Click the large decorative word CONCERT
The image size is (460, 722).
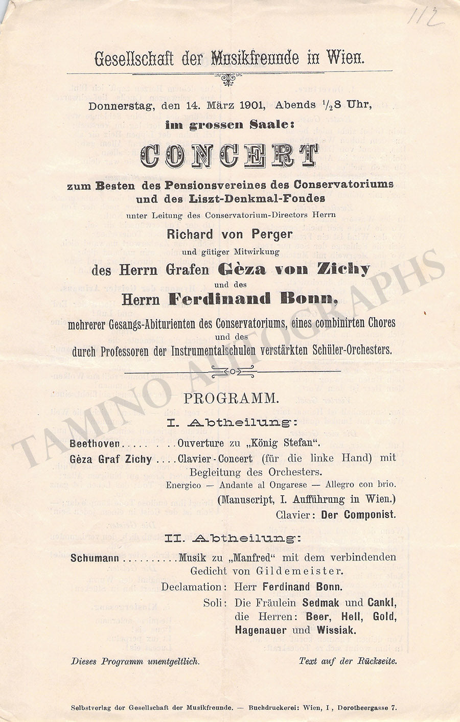pos(229,156)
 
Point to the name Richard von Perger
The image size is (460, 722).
pos(229,235)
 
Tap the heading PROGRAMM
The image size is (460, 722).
pos(231,399)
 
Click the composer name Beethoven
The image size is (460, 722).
pos(95,444)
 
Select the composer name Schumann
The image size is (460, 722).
pos(95,558)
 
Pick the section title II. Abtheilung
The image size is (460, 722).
pos(233,538)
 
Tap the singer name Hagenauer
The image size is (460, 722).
pos(261,630)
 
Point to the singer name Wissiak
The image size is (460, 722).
pos(335,630)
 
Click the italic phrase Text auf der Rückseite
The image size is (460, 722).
pos(348,661)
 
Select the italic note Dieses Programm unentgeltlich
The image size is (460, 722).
pos(135,661)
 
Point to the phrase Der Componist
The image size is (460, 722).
pos(358,515)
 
